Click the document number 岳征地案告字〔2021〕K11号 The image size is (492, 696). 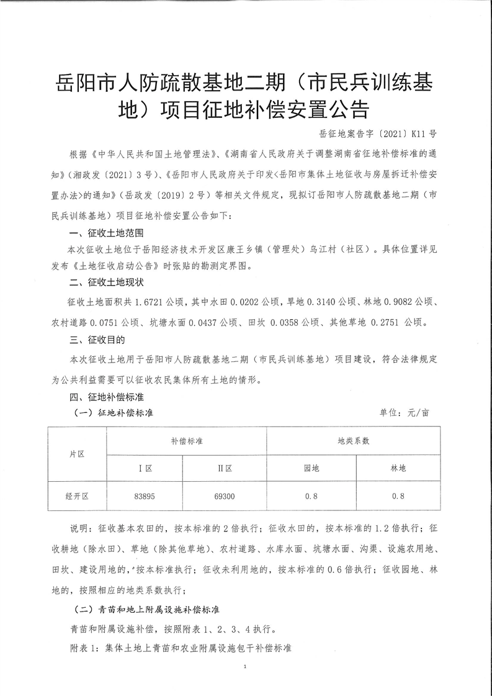tap(378, 133)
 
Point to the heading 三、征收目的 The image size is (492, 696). tap(97, 340)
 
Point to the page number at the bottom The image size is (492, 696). tap(246, 667)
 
